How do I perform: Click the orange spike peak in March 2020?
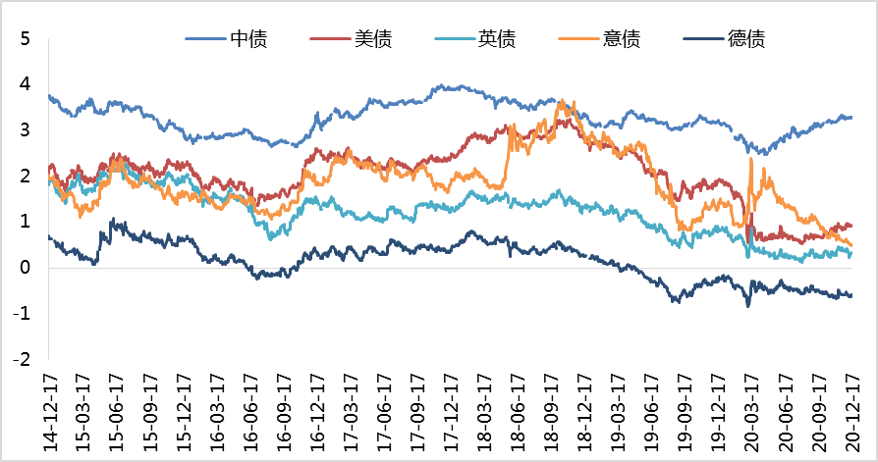point(751,158)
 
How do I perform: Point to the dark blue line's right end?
point(851,295)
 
